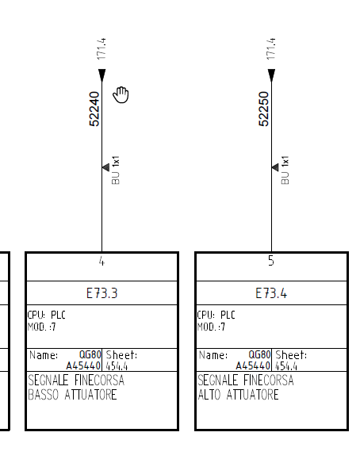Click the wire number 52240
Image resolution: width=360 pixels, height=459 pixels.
(94, 109)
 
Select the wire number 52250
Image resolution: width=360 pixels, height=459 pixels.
(264, 109)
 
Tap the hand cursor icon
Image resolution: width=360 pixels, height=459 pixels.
(121, 94)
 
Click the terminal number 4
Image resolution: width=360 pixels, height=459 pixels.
(101, 261)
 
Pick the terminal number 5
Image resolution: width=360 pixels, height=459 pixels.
(271, 261)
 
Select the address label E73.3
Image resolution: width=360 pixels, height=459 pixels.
(102, 293)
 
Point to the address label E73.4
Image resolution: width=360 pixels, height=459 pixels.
(271, 293)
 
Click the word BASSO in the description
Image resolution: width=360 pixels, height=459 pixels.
(44, 395)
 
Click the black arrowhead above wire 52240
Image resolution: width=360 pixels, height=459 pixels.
(102, 75)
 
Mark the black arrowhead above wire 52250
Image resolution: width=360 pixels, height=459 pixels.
(271, 75)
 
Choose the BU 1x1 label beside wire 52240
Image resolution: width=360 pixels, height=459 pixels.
(116, 170)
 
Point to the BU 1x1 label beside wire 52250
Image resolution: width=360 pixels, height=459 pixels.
(285, 170)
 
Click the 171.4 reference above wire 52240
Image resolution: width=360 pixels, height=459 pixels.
(101, 49)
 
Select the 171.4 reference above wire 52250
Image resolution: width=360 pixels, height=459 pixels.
(271, 49)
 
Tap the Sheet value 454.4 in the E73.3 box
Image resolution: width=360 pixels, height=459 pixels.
(117, 366)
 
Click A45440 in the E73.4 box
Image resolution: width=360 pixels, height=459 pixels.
(253, 366)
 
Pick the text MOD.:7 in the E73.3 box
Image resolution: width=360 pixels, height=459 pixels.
(41, 327)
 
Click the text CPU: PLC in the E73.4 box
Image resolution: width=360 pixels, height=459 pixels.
(216, 315)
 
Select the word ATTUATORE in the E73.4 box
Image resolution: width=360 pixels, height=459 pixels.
(252, 395)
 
